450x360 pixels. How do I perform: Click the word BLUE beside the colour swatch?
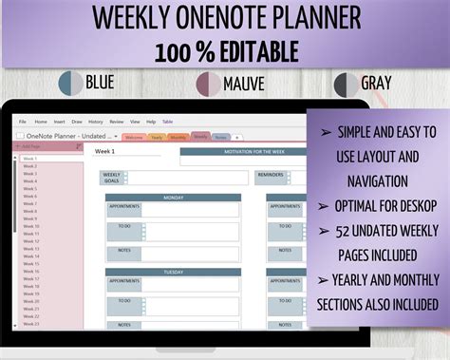pyautogui.click(x=100, y=82)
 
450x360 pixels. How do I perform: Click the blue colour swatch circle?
pyautogui.click(x=70, y=83)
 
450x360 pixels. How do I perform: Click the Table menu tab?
pyautogui.click(x=167, y=122)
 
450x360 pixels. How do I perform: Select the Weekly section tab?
pyautogui.click(x=200, y=137)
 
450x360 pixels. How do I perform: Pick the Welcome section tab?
pyautogui.click(x=134, y=137)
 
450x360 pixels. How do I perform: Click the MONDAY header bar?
pyautogui.click(x=174, y=199)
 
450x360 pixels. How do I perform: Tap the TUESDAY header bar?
pyautogui.click(x=174, y=272)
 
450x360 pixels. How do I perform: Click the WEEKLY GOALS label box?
pyautogui.click(x=111, y=177)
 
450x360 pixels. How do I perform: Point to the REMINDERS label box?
pyautogui.click(x=270, y=175)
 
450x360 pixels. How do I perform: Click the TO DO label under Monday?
pyautogui.click(x=124, y=226)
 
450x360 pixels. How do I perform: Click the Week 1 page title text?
pyautogui.click(x=104, y=151)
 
